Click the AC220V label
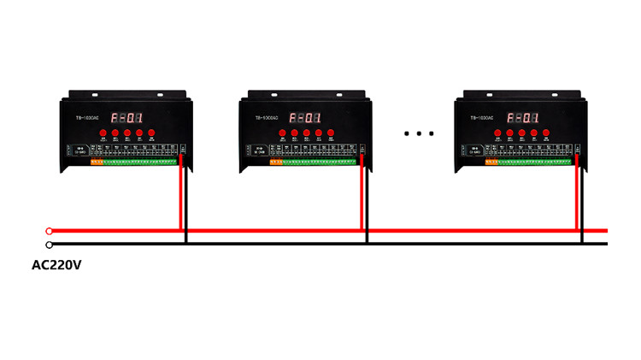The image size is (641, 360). point(56,265)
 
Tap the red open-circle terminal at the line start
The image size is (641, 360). point(49,231)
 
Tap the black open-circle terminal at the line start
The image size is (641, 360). point(49,245)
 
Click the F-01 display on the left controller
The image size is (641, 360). point(126,118)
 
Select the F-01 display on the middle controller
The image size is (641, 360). point(305,118)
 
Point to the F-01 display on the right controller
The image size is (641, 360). point(521,118)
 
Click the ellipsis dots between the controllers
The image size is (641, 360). point(419,133)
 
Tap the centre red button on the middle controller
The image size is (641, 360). point(306,133)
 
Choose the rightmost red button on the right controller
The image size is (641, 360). point(545,133)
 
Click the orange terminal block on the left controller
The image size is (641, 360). point(97,160)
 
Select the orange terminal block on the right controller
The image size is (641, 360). point(491,160)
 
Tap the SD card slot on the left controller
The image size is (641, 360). point(79,150)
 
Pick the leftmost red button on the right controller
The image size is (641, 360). point(497,133)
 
